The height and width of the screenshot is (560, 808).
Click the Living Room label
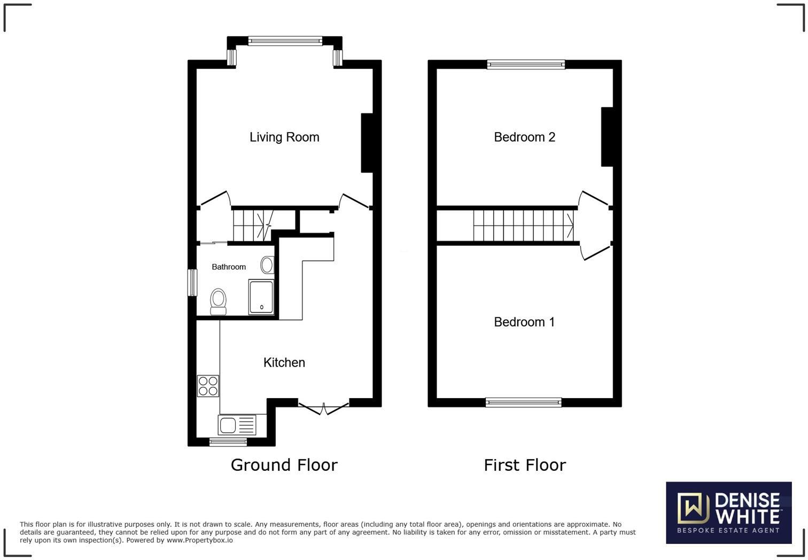(284, 137)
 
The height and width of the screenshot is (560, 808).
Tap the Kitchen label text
(284, 363)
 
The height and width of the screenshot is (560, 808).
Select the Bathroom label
(229, 267)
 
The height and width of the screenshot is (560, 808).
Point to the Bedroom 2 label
(524, 137)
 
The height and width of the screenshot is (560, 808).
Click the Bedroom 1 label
(524, 322)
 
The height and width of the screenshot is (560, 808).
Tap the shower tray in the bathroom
(261, 297)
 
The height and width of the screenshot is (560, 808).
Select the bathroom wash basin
(267, 265)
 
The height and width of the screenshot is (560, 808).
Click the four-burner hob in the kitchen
(208, 386)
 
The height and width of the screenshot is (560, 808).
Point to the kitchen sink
(237, 425)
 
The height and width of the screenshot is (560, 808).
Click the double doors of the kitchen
(323, 408)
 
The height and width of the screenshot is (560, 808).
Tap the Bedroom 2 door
(593, 198)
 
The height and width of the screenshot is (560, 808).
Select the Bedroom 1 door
(595, 252)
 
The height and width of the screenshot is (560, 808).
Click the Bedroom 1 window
(523, 402)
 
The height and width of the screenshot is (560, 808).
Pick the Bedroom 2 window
(526, 65)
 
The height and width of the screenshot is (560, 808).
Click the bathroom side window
(192, 282)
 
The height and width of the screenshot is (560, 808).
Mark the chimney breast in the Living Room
(367, 143)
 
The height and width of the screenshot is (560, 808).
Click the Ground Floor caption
(284, 465)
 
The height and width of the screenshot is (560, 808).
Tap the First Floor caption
(525, 465)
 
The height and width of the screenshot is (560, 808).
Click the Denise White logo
(728, 512)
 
